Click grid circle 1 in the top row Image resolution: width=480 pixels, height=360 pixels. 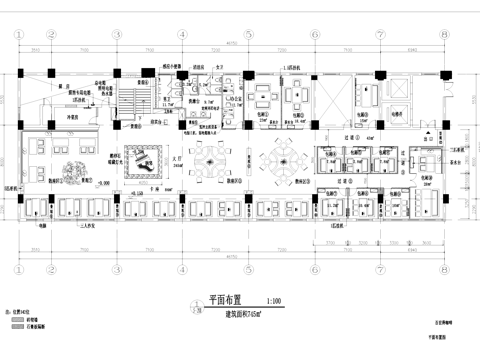point(19,32)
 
